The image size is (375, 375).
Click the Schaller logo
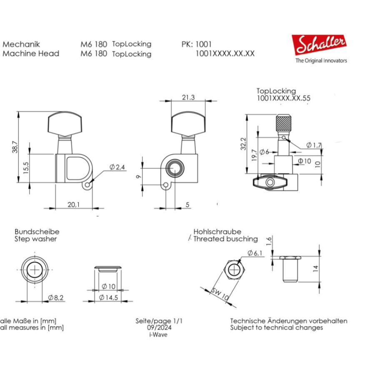click(x=319, y=45)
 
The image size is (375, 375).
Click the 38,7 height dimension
click(x=15, y=146)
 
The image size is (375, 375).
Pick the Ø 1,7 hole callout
click(x=314, y=145)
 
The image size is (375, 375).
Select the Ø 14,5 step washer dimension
click(x=108, y=297)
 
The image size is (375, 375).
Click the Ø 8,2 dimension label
click(x=55, y=297)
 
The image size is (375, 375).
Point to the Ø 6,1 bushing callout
click(x=254, y=253)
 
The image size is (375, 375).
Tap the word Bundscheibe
click(x=37, y=231)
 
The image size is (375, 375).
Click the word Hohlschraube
click(x=217, y=232)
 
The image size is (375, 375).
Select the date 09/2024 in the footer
click(x=159, y=328)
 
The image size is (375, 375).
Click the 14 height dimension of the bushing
click(x=315, y=268)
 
